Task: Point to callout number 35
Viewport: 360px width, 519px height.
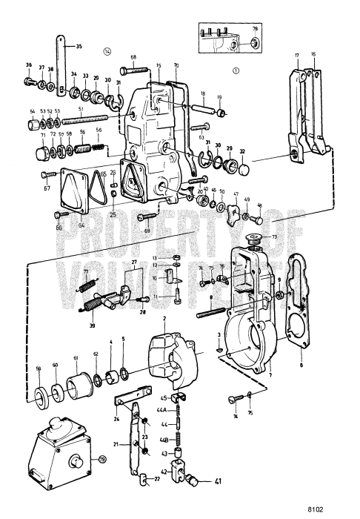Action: tap(79, 45)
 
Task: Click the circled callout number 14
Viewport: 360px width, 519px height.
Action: tap(107, 52)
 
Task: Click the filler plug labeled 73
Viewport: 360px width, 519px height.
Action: tap(254, 239)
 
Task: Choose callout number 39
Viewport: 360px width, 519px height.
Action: tap(93, 325)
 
